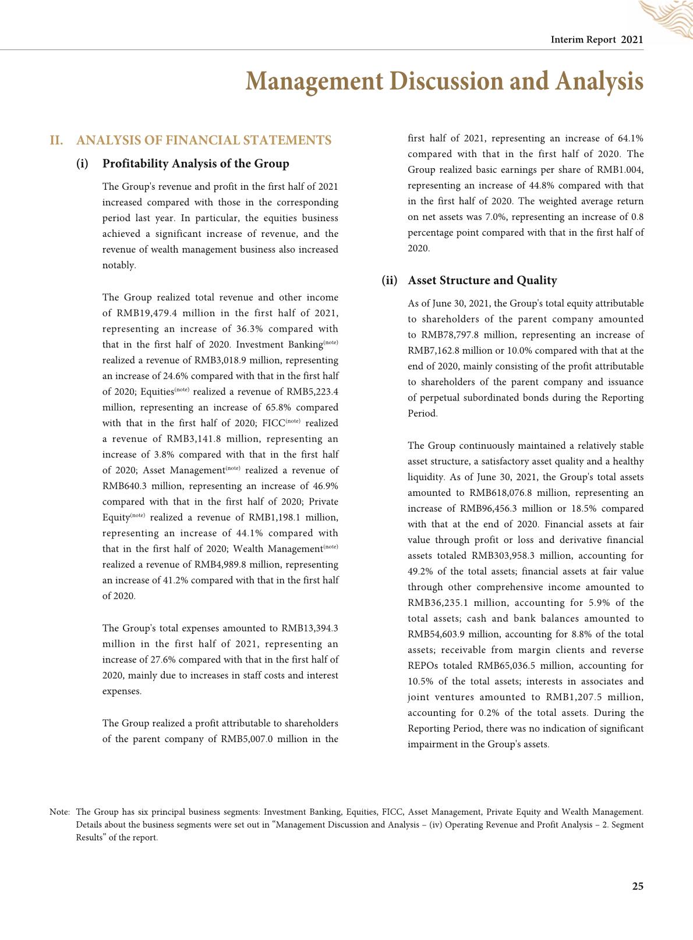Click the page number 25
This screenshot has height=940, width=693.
pyautogui.click(x=638, y=886)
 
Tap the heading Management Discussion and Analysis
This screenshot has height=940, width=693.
pyautogui.click(x=444, y=81)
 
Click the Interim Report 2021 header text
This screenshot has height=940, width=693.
pyautogui.click(x=597, y=40)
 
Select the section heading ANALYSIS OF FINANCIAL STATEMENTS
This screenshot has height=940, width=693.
pyautogui.click(x=204, y=140)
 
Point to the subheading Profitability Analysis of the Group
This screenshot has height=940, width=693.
pyautogui.click(x=196, y=164)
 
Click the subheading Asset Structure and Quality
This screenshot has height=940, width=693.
pyautogui.click(x=482, y=281)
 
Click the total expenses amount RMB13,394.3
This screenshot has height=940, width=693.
pyautogui.click(x=309, y=628)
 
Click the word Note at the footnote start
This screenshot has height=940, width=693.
pyautogui.click(x=59, y=812)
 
